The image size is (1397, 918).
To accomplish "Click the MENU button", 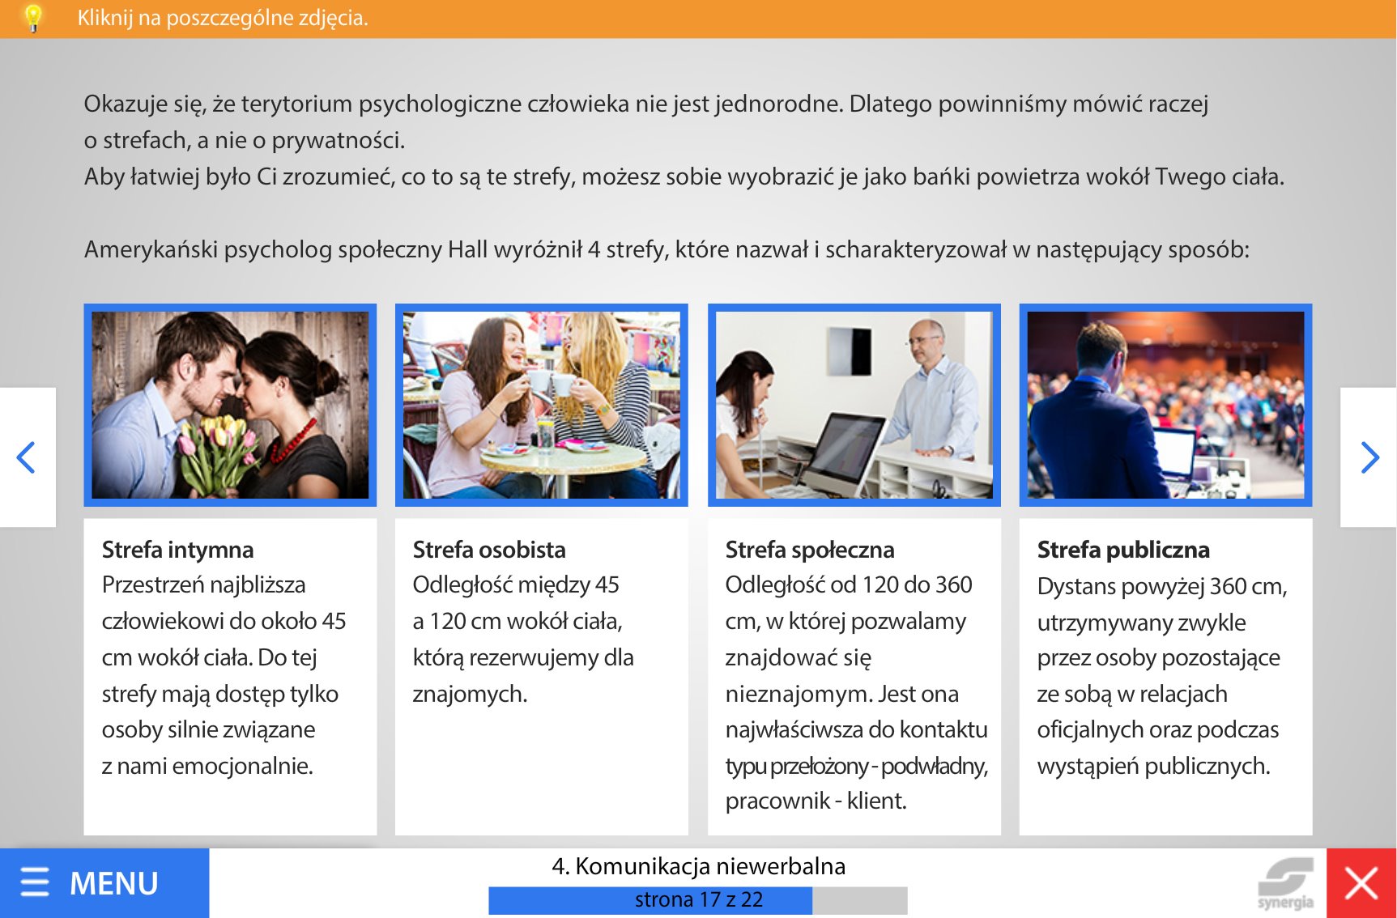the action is point(104,882).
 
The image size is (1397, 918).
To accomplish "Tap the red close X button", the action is point(1361,882).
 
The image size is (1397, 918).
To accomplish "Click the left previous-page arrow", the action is point(27,457).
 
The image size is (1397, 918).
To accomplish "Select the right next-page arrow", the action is point(1369,457).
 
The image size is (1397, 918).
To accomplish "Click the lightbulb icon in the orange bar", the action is point(33,17).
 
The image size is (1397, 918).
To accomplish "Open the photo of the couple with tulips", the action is point(230,405).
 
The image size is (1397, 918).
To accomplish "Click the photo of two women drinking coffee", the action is point(542,405).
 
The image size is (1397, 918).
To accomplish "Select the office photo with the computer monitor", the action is point(854,405).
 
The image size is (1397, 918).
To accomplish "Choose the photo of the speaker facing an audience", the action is point(1165,405).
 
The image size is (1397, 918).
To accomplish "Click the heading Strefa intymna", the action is point(177,550).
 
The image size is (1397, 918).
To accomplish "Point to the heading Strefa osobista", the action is point(489,550).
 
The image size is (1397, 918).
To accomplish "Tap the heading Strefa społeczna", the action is point(810,550).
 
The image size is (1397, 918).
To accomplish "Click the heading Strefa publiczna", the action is point(1123,550).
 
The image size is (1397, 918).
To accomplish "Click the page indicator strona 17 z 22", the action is point(698,899).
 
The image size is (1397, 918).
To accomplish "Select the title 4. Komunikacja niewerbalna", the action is point(698,866).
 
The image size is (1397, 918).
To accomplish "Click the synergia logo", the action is point(1286,884).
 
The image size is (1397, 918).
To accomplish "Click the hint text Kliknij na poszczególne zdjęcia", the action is point(223,18).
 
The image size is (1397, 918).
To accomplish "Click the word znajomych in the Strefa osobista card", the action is point(470,694).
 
